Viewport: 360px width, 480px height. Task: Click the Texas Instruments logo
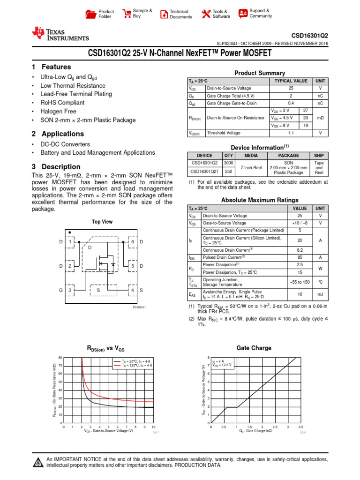point(60,34)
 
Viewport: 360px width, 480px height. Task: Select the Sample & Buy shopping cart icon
point(127,14)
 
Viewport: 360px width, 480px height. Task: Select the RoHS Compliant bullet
point(62,103)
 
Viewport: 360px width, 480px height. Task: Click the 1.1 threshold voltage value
point(291,133)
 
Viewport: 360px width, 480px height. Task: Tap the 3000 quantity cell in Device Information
point(229,164)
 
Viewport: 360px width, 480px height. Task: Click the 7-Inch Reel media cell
point(251,167)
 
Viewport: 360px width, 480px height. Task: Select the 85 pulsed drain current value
point(300,257)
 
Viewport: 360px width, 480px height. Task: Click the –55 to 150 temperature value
point(300,282)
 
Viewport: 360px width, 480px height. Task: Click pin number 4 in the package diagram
point(133,290)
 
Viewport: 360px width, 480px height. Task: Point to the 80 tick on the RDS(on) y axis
point(60,358)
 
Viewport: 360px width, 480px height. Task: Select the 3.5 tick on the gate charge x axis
point(300,427)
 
